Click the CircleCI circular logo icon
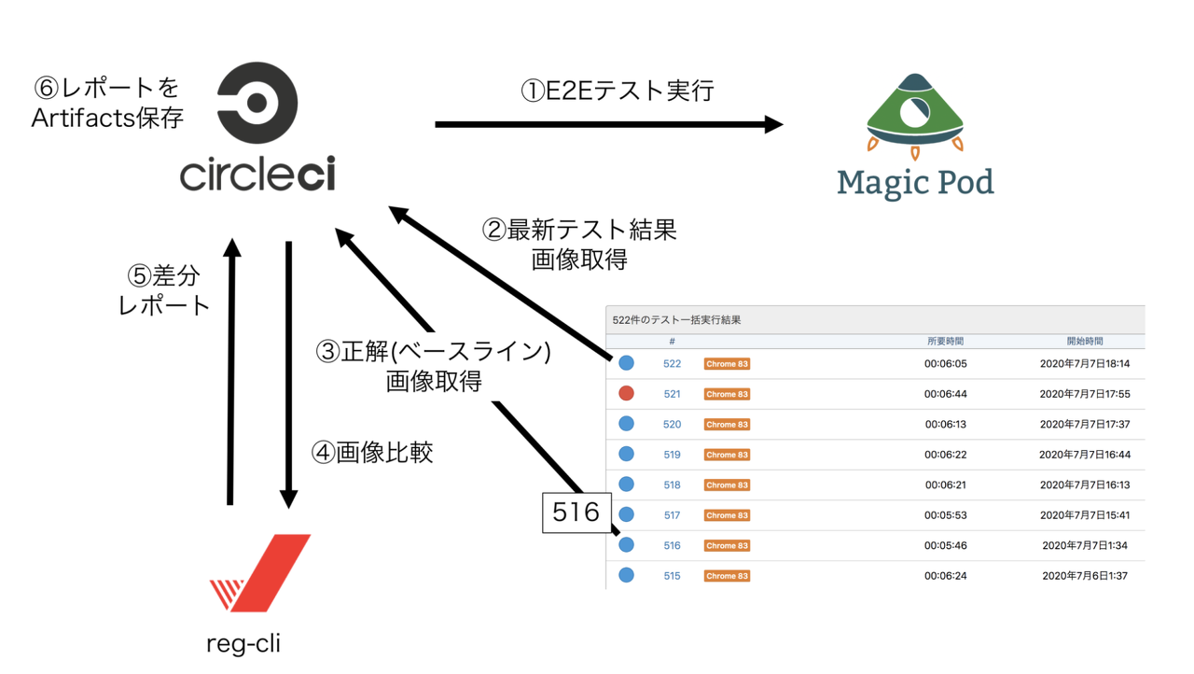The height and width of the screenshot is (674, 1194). coord(257,103)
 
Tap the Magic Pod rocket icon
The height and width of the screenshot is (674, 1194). coord(914,115)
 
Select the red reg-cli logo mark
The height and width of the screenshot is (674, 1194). coord(260,572)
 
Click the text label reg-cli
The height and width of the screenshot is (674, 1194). coord(243,643)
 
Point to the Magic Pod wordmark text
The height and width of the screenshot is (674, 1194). coord(915,183)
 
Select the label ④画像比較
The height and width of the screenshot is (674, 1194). coord(372,452)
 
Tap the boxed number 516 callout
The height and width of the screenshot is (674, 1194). coord(576,513)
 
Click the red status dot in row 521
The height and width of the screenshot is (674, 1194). coord(626,394)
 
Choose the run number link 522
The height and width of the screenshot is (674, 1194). coord(672,364)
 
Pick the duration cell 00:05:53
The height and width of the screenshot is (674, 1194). coord(945,515)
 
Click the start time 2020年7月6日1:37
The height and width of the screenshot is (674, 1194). coord(1085,576)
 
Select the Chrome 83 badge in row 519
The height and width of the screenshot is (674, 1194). coord(727,455)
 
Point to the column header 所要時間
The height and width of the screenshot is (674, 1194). coord(945,342)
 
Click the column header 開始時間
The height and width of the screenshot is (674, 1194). coord(1085,342)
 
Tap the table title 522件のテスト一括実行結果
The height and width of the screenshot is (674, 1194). coord(676,320)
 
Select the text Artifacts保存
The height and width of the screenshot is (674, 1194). coord(107,119)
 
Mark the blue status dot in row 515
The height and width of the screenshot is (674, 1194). coord(626,576)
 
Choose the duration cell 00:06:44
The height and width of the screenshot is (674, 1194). coord(945,394)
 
